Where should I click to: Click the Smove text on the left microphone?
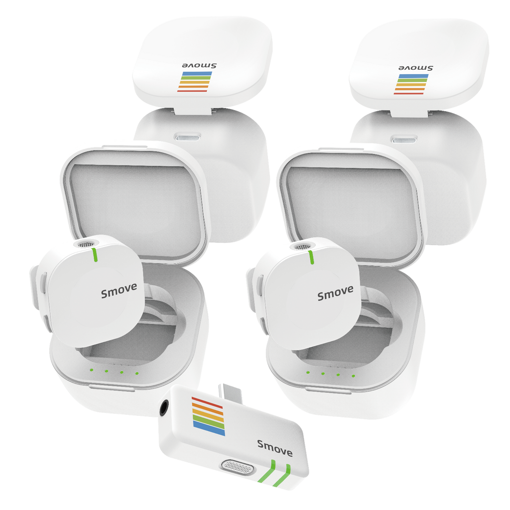click(x=119, y=290)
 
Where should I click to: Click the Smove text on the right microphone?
click(x=335, y=293)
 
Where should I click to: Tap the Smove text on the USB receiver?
click(x=275, y=448)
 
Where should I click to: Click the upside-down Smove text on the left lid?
click(x=199, y=66)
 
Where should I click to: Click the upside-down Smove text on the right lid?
click(x=416, y=68)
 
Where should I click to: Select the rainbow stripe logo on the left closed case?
click(x=195, y=82)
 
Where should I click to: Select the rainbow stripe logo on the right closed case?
click(x=411, y=84)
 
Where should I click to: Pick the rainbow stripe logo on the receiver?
click(x=208, y=416)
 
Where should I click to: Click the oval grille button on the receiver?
click(x=238, y=467)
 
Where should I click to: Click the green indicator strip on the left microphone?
click(x=95, y=255)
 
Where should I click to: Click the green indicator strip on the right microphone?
click(x=311, y=257)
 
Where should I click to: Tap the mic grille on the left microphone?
click(x=86, y=244)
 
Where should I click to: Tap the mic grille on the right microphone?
click(x=302, y=247)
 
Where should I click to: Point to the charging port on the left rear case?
click(x=188, y=137)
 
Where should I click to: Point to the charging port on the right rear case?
click(x=404, y=140)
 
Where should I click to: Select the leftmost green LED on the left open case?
click(x=92, y=370)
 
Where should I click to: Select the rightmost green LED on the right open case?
click(x=353, y=376)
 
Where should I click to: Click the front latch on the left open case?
click(x=112, y=387)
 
